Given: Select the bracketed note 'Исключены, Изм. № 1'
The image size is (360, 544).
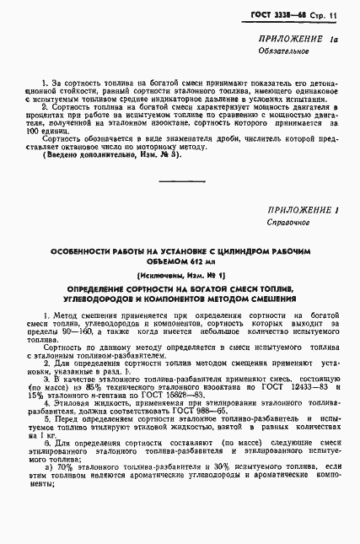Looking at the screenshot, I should pyautogui.click(x=180, y=276).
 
